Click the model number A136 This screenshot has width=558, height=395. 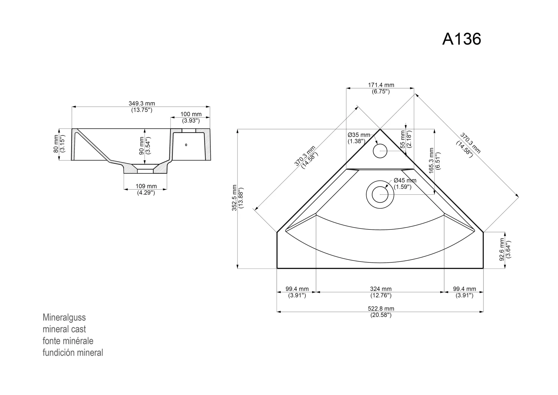coord(462,39)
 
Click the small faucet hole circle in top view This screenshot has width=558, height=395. coord(380,151)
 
